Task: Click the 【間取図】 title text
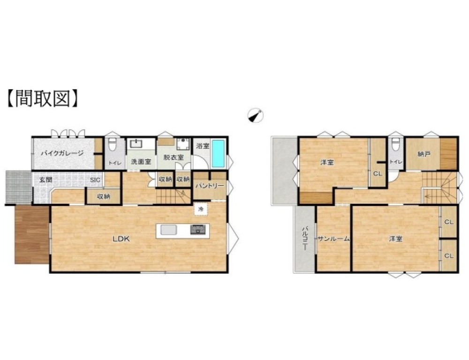pyautogui.click(x=42, y=98)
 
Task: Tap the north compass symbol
pyautogui.click(x=255, y=115)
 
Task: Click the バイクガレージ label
pyautogui.click(x=62, y=154)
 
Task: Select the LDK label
pyautogui.click(x=121, y=239)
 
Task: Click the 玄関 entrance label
pyautogui.click(x=46, y=180)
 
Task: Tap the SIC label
pyautogui.click(x=95, y=180)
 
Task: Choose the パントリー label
pyautogui.click(x=210, y=186)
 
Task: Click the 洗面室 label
pyautogui.click(x=141, y=162)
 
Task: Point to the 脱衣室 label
pyautogui.click(x=174, y=157)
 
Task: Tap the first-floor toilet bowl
pyautogui.click(x=113, y=145)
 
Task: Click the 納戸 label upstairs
pyautogui.click(x=424, y=154)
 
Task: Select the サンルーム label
pyautogui.click(x=333, y=239)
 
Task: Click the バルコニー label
pyautogui.click(x=305, y=238)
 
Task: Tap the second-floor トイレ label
pyautogui.click(x=396, y=162)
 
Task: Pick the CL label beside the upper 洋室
pyautogui.click(x=378, y=173)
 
